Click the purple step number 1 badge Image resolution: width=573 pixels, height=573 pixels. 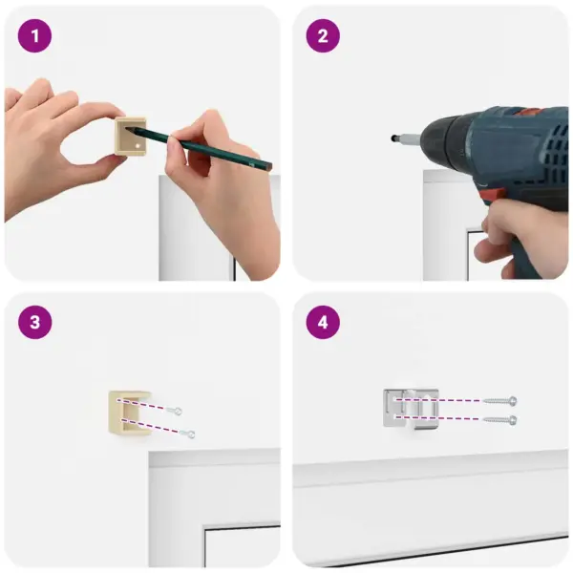pyautogui.click(x=35, y=36)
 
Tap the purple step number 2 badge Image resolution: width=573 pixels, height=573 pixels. pyautogui.click(x=323, y=36)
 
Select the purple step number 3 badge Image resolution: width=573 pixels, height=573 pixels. pyautogui.click(x=35, y=322)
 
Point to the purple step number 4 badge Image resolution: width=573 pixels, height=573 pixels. pyautogui.click(x=323, y=322)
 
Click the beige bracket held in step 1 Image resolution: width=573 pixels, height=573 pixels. pyautogui.click(x=131, y=136)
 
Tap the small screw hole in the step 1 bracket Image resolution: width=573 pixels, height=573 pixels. pyautogui.click(x=138, y=146)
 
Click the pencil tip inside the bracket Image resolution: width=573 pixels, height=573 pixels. pyautogui.click(x=128, y=128)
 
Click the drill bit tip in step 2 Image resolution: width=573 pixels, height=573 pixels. pyautogui.click(x=393, y=138)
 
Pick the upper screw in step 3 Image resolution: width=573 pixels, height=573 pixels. pyautogui.click(x=175, y=411)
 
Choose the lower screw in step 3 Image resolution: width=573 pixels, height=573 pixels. pyautogui.click(x=187, y=434)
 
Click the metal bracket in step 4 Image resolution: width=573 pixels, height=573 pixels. pyautogui.click(x=411, y=408)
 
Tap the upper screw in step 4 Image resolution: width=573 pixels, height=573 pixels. pyautogui.click(x=499, y=401)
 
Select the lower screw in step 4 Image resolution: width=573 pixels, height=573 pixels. pyautogui.click(x=499, y=420)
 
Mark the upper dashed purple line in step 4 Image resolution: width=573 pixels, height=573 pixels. pyautogui.click(x=438, y=400)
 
